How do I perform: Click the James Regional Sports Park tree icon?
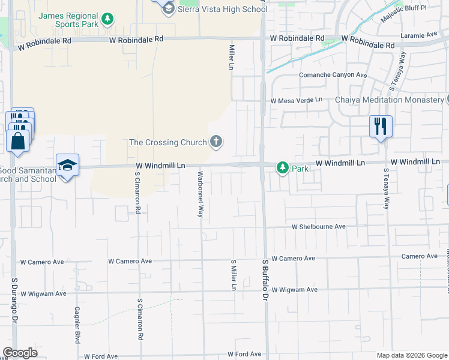coord(107,19)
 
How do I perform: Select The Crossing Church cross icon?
coord(216,142)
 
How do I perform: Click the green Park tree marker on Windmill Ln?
coord(282,169)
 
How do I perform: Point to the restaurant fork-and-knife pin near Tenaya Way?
coord(381,127)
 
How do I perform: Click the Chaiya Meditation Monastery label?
coord(388,100)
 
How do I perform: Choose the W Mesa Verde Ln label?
coord(296,100)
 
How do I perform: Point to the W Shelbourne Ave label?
coord(319,227)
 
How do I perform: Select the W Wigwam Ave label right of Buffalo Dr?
coord(294,290)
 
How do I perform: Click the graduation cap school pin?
coord(68,165)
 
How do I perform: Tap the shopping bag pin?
coord(17,140)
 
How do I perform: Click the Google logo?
coord(20,353)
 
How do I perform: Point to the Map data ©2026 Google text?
coord(411,355)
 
